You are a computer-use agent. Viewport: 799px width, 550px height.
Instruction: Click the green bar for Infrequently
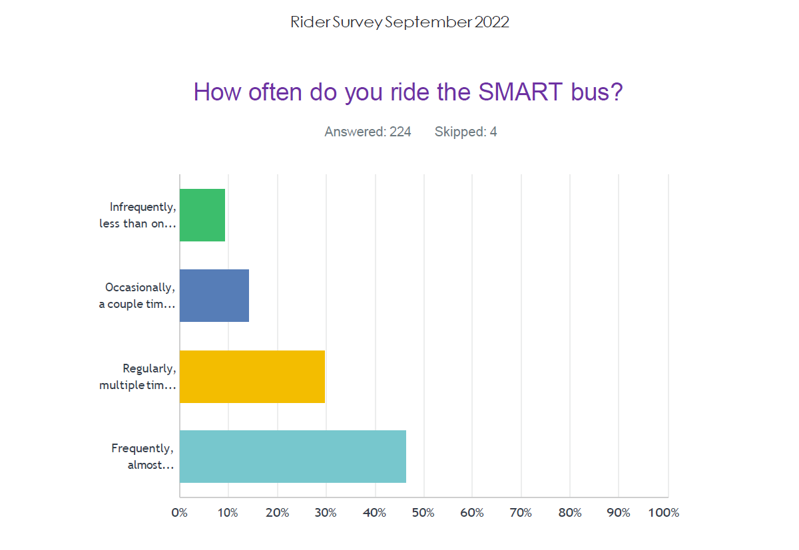coord(202,215)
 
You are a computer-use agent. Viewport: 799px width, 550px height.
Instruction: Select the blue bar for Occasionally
coord(214,295)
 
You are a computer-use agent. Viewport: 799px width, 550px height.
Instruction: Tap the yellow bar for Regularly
coord(252,376)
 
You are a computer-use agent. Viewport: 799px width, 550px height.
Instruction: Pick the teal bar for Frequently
coord(293,456)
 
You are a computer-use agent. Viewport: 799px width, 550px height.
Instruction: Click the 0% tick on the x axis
coord(179,513)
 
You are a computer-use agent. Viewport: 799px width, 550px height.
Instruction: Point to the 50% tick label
coord(423,513)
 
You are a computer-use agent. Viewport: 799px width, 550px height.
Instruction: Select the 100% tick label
coord(664,513)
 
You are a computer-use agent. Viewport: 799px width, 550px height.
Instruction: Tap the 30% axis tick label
coord(326,513)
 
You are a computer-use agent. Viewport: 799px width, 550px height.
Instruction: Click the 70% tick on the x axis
coord(521,513)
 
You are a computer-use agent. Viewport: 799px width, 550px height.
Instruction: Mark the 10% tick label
coord(228,513)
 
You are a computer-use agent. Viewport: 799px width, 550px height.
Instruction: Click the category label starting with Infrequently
coord(138,215)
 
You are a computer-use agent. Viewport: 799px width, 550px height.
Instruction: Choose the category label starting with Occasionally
coord(138,295)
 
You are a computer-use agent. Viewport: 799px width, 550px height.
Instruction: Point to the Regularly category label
coord(138,376)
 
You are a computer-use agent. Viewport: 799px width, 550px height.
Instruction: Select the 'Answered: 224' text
coord(368,132)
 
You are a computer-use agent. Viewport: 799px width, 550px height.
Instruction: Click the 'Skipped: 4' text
coord(465,132)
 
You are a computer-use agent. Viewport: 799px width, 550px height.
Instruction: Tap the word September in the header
coord(428,22)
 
